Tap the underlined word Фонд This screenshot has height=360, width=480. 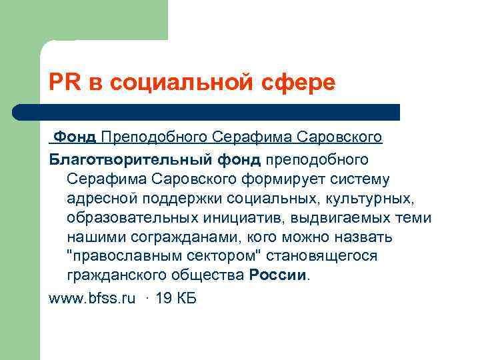pos(75,137)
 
